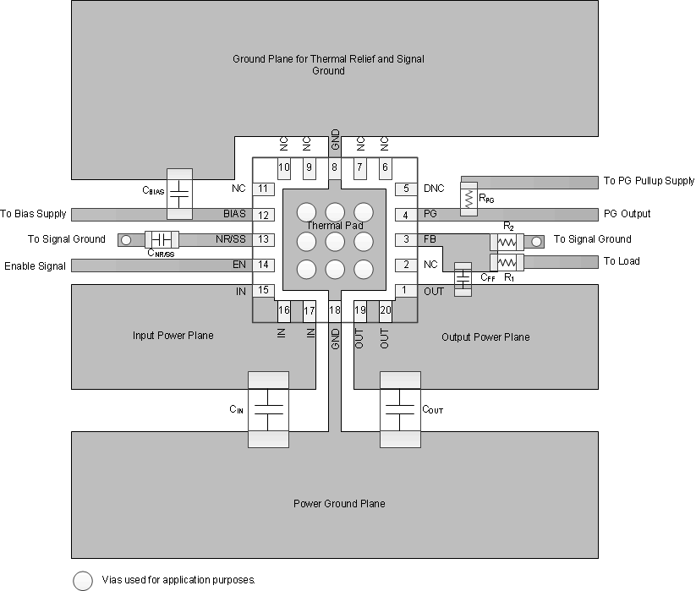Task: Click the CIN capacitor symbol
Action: coord(268,409)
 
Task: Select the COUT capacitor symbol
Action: coord(400,409)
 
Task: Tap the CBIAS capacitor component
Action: coord(179,194)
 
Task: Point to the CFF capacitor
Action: coord(462,280)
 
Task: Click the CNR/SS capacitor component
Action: coord(159,240)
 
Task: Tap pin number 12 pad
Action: coord(265,215)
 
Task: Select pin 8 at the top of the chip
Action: coord(335,167)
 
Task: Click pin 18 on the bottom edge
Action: coord(335,311)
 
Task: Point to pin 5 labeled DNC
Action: coord(407,189)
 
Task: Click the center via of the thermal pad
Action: coord(335,240)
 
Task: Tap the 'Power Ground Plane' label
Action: coord(339,504)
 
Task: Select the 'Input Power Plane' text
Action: coord(173,336)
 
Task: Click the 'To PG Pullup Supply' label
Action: coord(649,181)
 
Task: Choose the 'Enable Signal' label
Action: coord(35,266)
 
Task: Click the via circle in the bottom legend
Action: coord(83,580)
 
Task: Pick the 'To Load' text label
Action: coord(622,261)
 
